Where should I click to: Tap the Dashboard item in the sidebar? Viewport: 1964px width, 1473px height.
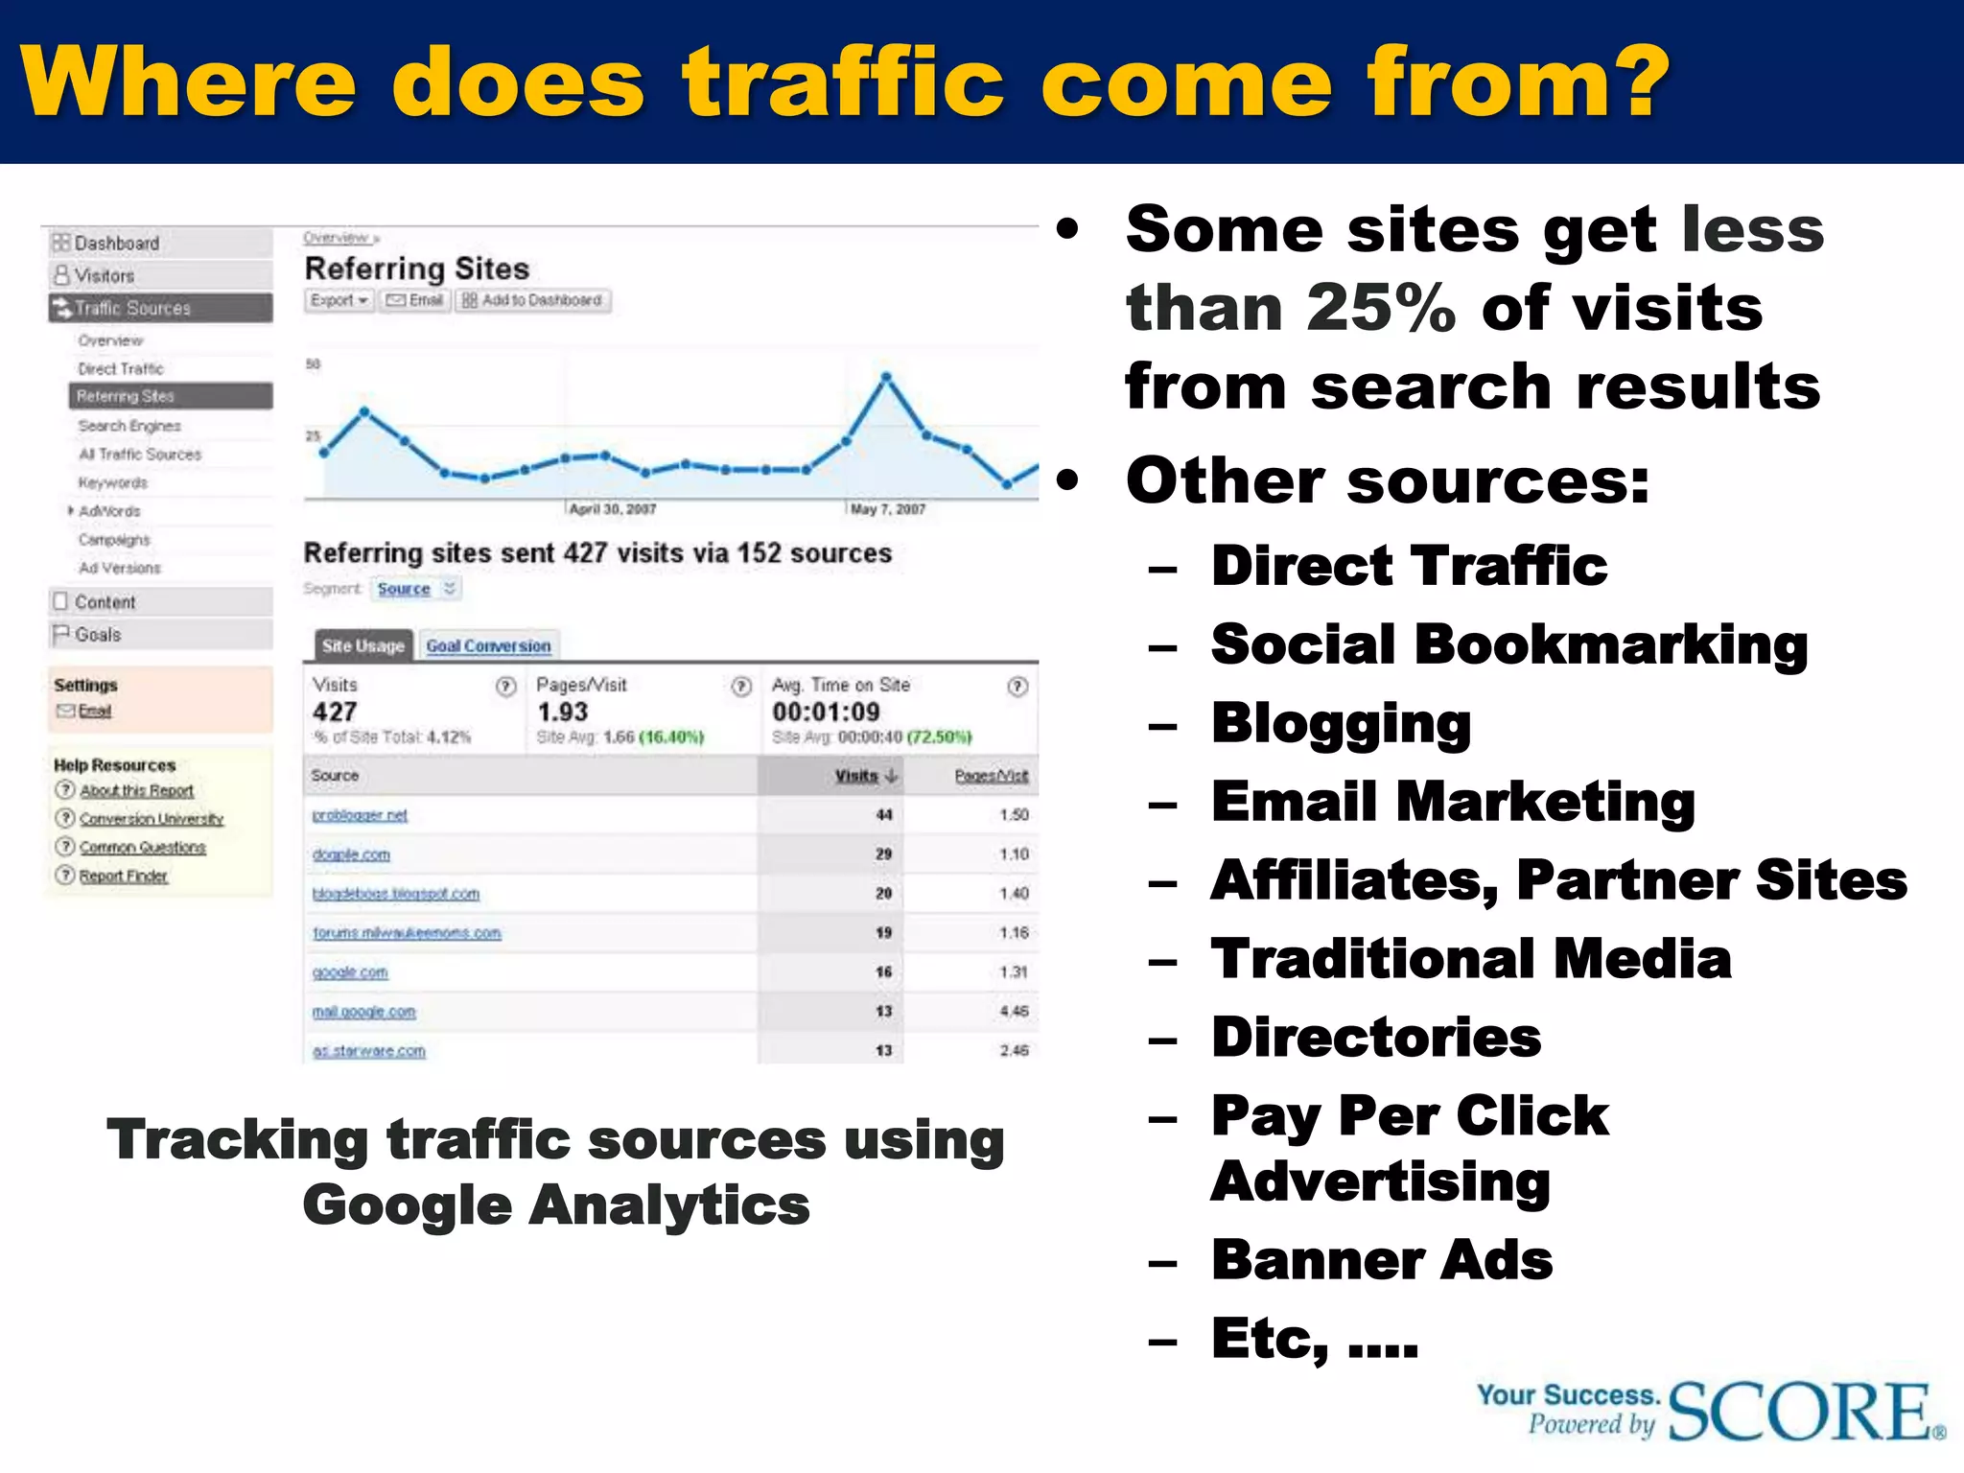116,244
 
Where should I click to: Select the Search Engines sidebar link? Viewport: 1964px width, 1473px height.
129,426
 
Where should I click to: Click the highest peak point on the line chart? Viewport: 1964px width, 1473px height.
886,377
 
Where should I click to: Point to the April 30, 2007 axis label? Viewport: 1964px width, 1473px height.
613,509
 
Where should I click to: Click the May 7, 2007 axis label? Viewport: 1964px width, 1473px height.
888,509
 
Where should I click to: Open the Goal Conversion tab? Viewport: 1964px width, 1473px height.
488,646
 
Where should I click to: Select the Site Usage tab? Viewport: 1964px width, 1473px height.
362,646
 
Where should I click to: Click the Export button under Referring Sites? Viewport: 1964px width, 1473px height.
339,300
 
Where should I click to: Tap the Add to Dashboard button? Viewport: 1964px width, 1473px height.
532,300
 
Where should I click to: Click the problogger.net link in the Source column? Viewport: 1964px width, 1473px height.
360,815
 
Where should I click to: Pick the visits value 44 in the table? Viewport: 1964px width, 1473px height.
883,815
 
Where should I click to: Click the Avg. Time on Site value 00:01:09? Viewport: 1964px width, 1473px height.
826,712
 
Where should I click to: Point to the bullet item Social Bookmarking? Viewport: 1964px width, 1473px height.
1508,644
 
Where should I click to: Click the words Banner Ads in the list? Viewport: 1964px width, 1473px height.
1381,1260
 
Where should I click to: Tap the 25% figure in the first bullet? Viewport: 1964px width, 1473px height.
1381,309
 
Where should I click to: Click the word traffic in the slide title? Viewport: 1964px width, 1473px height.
843,82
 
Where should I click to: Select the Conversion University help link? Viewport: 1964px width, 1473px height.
151,819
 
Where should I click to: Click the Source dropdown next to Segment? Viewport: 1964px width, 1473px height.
415,589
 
